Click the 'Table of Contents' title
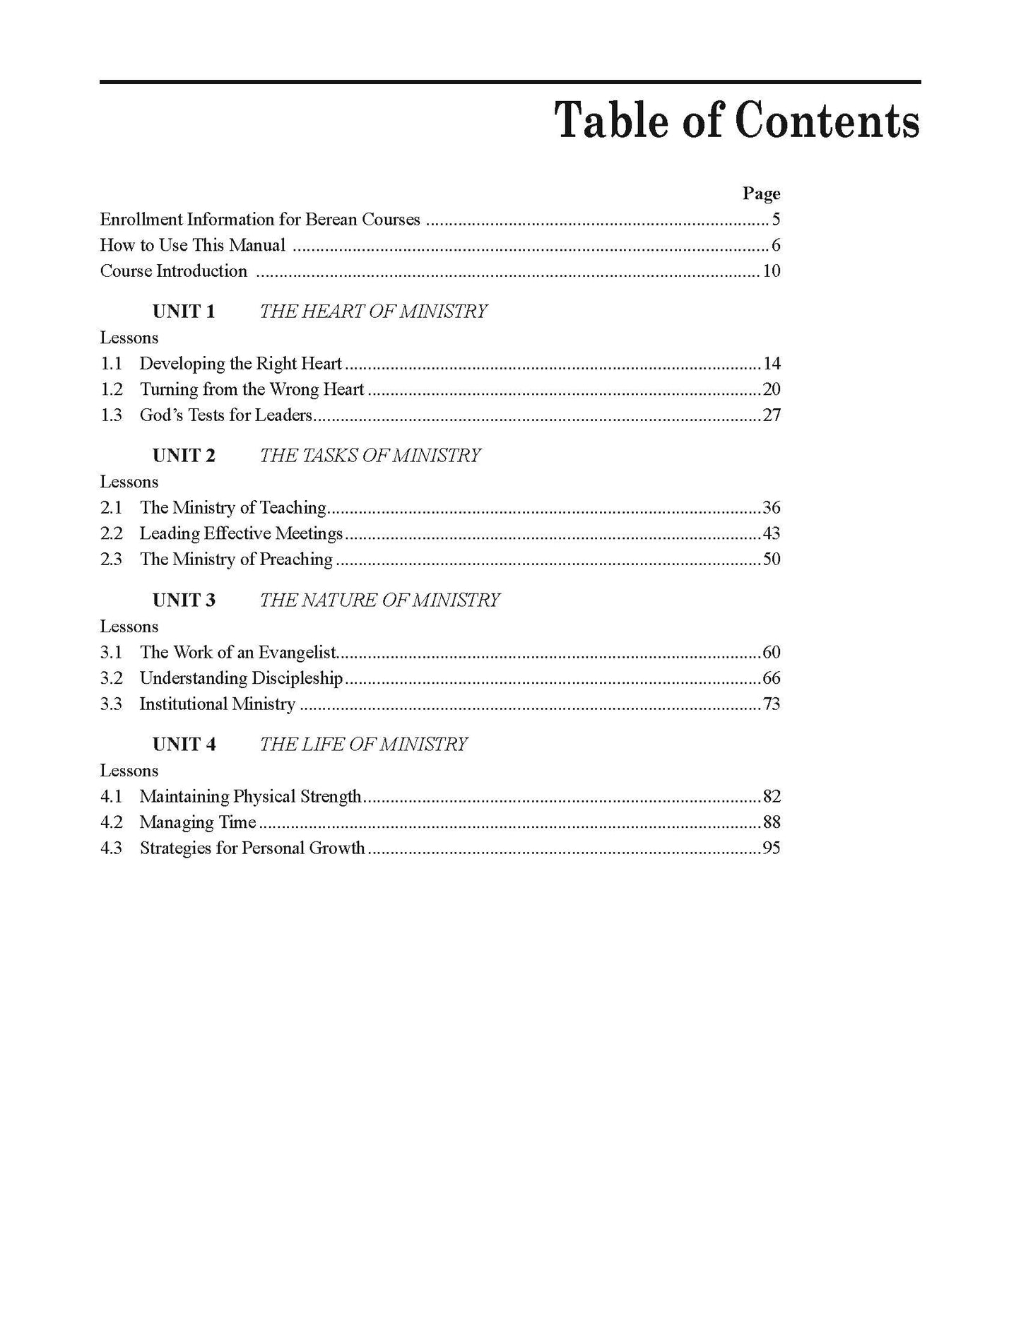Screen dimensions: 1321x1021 (x=737, y=121)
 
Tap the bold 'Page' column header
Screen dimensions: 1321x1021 (x=761, y=194)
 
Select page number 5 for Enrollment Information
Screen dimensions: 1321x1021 (x=776, y=220)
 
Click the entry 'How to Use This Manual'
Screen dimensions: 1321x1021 (x=193, y=245)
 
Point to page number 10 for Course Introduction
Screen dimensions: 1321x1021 (x=771, y=271)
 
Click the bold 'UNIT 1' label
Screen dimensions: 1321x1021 (x=184, y=312)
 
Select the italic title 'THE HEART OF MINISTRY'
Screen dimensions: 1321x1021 (x=373, y=312)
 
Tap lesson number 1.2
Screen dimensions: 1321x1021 (x=112, y=389)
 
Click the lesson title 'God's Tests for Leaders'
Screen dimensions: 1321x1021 (x=226, y=415)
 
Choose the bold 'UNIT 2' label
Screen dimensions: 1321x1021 (x=184, y=456)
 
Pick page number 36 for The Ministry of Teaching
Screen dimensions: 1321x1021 (x=771, y=508)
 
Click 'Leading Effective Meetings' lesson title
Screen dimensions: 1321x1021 (x=241, y=533)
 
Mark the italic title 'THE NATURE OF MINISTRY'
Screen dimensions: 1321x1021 (x=379, y=600)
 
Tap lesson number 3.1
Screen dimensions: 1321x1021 (x=112, y=652)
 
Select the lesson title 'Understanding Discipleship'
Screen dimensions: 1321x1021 (x=241, y=678)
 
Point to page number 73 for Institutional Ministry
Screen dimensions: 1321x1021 (x=771, y=704)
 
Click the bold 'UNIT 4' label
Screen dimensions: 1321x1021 (x=184, y=745)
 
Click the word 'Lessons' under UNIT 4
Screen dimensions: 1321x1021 (x=129, y=771)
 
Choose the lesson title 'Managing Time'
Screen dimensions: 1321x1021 (x=198, y=822)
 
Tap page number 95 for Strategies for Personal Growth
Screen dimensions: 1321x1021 (x=771, y=848)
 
